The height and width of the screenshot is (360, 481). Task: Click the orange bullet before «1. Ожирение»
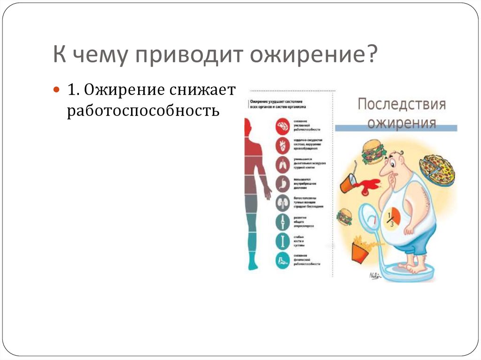(56, 89)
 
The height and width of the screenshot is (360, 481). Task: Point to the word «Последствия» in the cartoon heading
(402, 104)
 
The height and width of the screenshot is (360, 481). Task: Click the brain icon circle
(284, 126)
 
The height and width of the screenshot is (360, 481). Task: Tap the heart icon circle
(284, 146)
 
